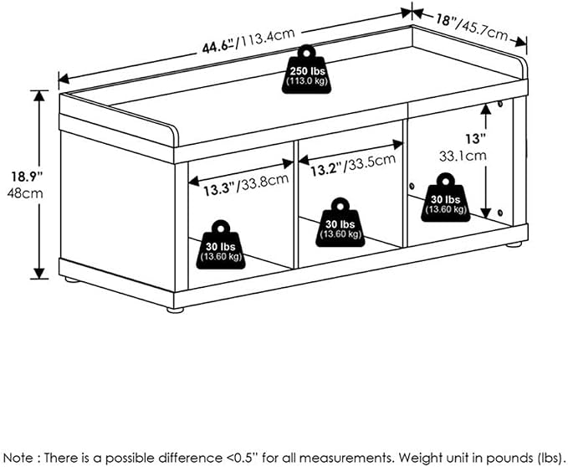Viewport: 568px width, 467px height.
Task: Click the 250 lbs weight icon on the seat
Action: pos(306,69)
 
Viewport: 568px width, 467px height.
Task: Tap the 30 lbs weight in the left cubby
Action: pos(221,245)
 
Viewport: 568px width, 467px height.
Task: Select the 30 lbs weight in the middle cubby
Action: pos(340,223)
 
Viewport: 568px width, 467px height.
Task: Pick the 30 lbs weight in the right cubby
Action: pos(446,198)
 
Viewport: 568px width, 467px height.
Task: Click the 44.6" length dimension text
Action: pos(217,46)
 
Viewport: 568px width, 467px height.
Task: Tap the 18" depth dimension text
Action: pos(446,19)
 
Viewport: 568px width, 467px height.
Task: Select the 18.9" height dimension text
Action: pos(27,177)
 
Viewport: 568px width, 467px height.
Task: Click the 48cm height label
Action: pos(24,193)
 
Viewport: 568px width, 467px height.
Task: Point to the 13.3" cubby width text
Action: pos(218,189)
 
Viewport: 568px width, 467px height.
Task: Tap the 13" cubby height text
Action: pos(476,138)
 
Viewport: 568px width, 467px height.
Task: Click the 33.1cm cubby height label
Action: pos(463,157)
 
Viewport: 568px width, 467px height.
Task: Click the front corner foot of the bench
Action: pos(176,310)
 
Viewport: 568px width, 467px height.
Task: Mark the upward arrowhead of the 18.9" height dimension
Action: pos(39,95)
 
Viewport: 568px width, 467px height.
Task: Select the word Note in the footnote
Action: pos(18,458)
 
